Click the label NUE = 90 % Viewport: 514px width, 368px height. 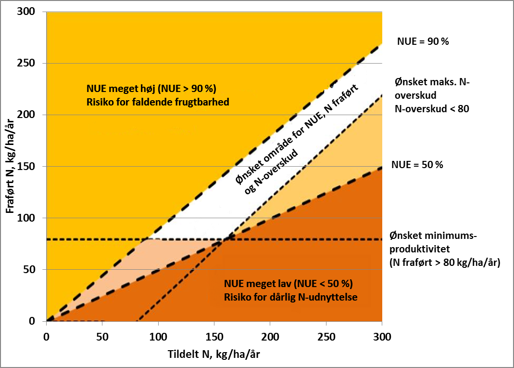click(x=423, y=42)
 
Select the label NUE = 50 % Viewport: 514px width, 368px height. click(x=417, y=165)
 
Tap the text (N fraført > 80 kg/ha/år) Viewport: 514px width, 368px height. click(x=445, y=263)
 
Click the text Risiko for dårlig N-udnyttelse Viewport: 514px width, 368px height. click(x=290, y=297)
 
